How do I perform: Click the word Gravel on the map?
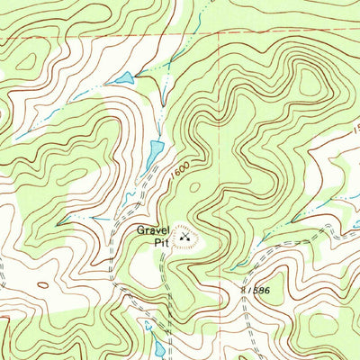pyautogui.click(x=153, y=229)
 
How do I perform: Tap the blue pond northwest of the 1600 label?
pyautogui.click(x=121, y=79)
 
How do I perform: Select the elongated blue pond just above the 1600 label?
pyautogui.click(x=156, y=148)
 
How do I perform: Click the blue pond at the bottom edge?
pyautogui.click(x=159, y=347)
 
